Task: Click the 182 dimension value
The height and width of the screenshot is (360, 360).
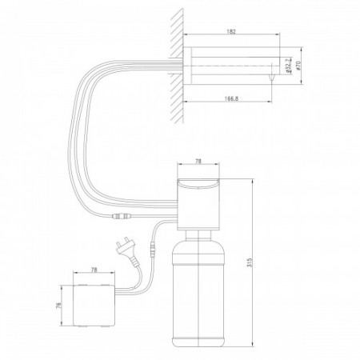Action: coord(231,31)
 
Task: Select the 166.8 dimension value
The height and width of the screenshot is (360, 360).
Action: coord(231,98)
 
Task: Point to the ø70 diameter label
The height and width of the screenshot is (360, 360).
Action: coord(298,66)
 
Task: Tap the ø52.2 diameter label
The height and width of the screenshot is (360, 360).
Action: coord(289,66)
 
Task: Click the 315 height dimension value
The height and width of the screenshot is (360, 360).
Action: coord(250,262)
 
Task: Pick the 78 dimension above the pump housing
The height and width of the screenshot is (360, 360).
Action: coord(198,162)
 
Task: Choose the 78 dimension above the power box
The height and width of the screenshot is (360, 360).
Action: coord(94,270)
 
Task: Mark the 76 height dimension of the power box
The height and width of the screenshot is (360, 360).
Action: coord(59,305)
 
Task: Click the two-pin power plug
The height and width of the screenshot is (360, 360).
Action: coord(125,250)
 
